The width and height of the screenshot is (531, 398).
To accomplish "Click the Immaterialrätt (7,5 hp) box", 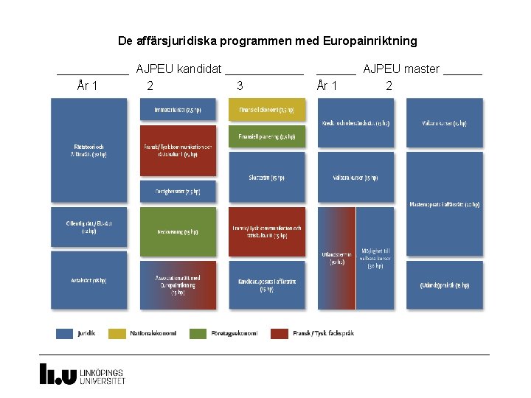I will [178, 110].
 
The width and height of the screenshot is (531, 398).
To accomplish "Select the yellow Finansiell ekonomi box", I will [267, 110].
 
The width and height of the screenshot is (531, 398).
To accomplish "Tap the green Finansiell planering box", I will [267, 136].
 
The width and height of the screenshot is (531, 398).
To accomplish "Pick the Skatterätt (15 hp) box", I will [267, 178].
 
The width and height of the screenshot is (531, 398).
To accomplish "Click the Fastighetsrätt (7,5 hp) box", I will [178, 191].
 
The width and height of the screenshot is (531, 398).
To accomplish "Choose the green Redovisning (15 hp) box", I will [178, 231].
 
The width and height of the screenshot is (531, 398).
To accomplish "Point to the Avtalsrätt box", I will [88, 280].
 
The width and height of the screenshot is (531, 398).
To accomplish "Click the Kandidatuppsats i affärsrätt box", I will [267, 284].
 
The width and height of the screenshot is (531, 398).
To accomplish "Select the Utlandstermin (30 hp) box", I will [336, 258].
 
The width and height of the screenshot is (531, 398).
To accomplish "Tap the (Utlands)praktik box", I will [445, 284].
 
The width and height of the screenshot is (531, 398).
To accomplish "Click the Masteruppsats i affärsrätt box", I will [445, 204].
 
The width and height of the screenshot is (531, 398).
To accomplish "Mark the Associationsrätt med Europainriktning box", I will [178, 284].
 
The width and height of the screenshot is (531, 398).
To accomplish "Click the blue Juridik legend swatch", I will [64, 333].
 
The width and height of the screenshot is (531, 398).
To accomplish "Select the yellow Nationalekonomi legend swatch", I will [118, 333].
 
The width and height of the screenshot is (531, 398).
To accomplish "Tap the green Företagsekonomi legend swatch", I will [198, 333].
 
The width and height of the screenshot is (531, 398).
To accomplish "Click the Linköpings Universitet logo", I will [82, 374].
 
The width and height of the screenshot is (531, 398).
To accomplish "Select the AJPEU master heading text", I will [400, 69].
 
